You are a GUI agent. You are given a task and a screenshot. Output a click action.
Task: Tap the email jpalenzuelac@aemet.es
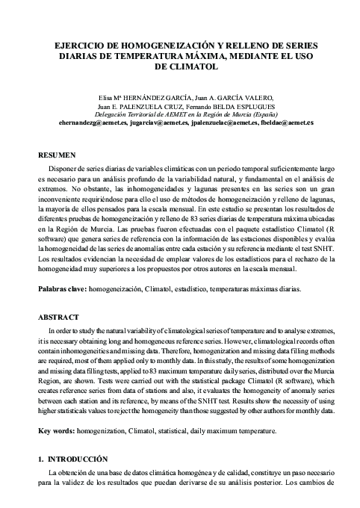point(228,122)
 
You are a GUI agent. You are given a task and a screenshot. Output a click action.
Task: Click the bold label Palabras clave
point(62,288)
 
